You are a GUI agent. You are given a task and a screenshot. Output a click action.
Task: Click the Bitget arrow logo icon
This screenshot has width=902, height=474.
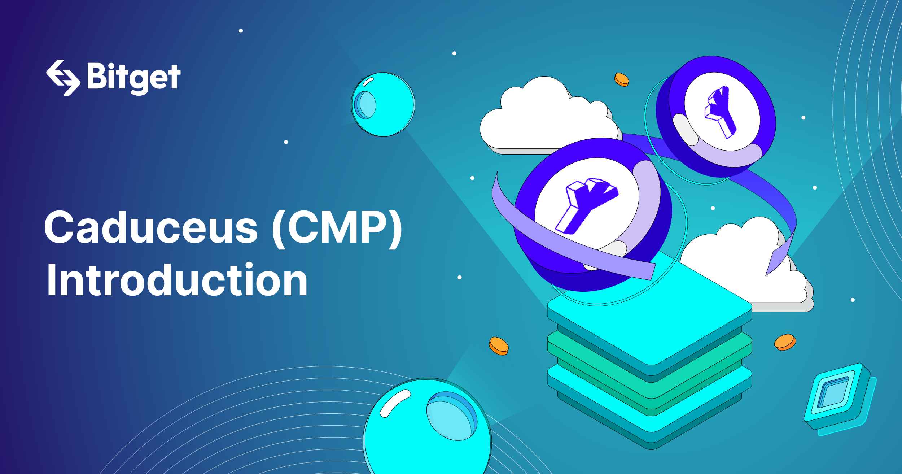63,78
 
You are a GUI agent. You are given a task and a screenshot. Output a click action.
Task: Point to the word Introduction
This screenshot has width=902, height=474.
177,279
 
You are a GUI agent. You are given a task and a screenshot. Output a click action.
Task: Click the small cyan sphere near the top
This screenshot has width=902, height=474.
383,104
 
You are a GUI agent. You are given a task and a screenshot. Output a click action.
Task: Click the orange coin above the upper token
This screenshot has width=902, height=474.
622,79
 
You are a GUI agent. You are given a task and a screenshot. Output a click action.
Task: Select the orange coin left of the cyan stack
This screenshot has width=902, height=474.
499,346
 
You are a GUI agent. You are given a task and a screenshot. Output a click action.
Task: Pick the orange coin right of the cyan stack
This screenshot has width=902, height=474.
785,342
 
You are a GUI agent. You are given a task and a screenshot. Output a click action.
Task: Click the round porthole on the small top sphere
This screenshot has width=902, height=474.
365,105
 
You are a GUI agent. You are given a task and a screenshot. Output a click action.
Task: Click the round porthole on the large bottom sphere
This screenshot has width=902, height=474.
452,416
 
